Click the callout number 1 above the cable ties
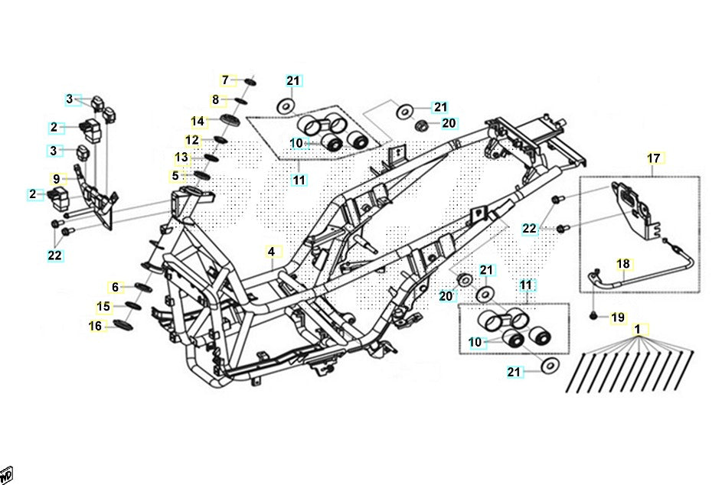(x=637, y=330)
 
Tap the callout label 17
(x=653, y=158)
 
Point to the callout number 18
(x=624, y=264)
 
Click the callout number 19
(x=618, y=317)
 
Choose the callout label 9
(x=56, y=179)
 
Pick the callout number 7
(x=225, y=80)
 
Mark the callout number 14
(x=198, y=121)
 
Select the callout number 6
(x=116, y=287)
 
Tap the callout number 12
(x=192, y=140)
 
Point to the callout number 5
(x=175, y=176)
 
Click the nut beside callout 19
(x=593, y=315)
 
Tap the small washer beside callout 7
(x=250, y=81)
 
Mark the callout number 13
(x=181, y=158)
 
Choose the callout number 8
(x=215, y=99)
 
